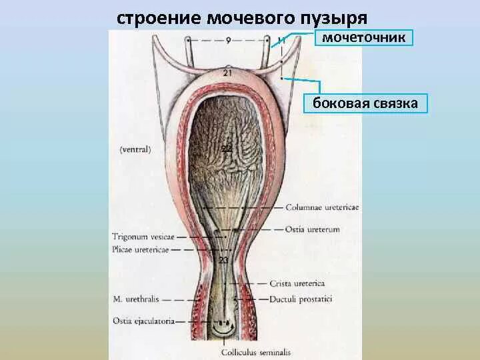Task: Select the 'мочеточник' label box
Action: (364, 37)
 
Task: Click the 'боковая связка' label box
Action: (365, 103)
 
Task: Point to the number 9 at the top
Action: (228, 41)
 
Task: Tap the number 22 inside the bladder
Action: (227, 148)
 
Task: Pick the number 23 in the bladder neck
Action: (223, 260)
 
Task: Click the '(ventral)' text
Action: (136, 149)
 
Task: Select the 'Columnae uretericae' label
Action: (323, 207)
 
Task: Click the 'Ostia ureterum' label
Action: (313, 229)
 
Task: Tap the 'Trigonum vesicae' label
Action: (143, 236)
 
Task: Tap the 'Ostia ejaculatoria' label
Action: (143, 321)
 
